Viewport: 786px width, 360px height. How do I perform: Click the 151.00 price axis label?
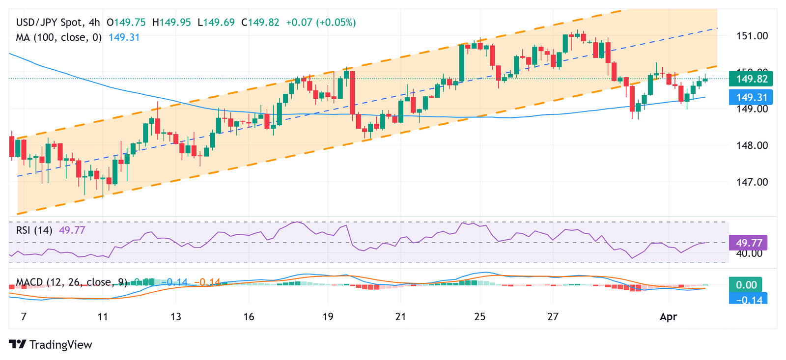pyautogui.click(x=752, y=36)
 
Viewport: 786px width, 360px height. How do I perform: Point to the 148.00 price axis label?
pyautogui.click(x=752, y=145)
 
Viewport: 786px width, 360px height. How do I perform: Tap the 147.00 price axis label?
pyautogui.click(x=752, y=182)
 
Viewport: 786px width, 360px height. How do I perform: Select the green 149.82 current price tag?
pyautogui.click(x=751, y=79)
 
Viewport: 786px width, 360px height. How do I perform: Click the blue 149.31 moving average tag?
pyautogui.click(x=751, y=97)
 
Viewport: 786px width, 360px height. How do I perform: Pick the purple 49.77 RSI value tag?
pyautogui.click(x=749, y=243)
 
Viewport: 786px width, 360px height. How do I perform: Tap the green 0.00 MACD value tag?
pyautogui.click(x=746, y=285)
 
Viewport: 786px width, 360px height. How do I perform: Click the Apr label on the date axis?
pyautogui.click(x=668, y=317)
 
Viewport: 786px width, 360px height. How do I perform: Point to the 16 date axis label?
pyautogui.click(x=249, y=317)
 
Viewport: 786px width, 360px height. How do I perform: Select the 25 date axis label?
pyautogui.click(x=479, y=317)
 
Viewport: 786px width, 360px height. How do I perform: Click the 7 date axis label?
pyautogui.click(x=24, y=317)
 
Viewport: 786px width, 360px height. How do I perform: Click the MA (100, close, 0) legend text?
pyautogui.click(x=58, y=37)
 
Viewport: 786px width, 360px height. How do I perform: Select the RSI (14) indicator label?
pyautogui.click(x=34, y=230)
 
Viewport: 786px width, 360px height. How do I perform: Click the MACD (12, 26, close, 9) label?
pyautogui.click(x=71, y=282)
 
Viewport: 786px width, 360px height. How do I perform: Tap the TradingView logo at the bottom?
pyautogui.click(x=51, y=344)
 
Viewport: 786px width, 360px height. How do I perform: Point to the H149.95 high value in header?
pyautogui.click(x=171, y=23)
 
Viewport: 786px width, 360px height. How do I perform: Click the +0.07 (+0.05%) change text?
pyautogui.click(x=321, y=23)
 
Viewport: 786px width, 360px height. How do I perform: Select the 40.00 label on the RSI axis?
pyautogui.click(x=749, y=253)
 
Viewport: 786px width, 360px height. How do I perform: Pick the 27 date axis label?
pyautogui.click(x=553, y=317)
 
